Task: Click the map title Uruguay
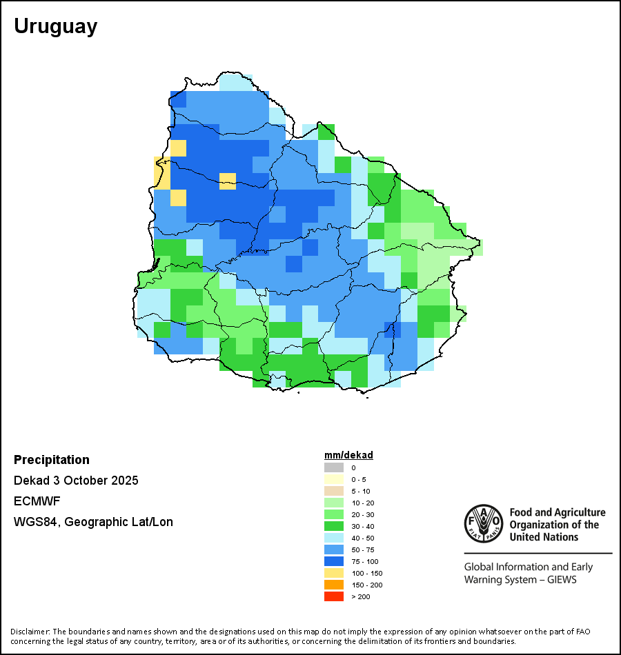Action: [x=55, y=26]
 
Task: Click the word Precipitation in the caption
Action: [x=52, y=460]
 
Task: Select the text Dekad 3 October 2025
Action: [x=76, y=481]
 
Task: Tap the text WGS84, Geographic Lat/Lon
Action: [x=93, y=522]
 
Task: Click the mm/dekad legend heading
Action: [x=348, y=455]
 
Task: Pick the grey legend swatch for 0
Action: [x=333, y=467]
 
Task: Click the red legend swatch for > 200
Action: [x=333, y=596]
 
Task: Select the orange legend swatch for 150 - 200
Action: [x=333, y=585]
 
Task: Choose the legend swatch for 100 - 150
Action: [x=333, y=573]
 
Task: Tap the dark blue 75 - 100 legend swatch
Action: [x=333, y=561]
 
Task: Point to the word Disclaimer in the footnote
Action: [x=30, y=632]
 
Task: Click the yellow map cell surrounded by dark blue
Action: [x=228, y=181]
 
